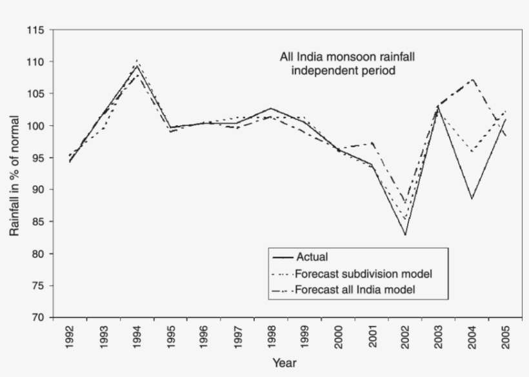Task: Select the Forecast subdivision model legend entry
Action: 363,273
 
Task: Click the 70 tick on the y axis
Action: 39,318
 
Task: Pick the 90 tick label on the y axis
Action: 39,190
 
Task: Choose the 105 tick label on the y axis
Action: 36,94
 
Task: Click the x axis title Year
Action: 284,363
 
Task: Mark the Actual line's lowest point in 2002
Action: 405,235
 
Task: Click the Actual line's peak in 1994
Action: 137,66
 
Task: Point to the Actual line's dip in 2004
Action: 472,199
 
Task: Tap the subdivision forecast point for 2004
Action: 472,152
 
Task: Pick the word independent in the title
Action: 321,70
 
